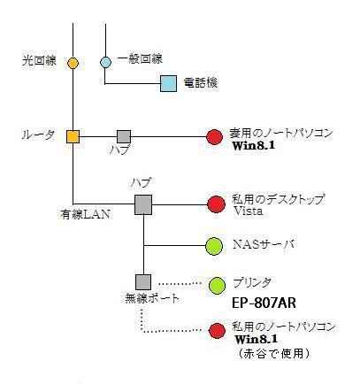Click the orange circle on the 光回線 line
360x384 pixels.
[x=73, y=63]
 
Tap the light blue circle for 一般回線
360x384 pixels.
[x=105, y=62]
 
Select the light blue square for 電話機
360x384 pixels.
[x=168, y=83]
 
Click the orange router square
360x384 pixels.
[x=73, y=137]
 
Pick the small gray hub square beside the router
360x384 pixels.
[x=124, y=137]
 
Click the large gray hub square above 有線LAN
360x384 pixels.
[x=143, y=204]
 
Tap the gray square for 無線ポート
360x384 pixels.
[x=143, y=282]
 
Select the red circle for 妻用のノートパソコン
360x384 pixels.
[x=214, y=137]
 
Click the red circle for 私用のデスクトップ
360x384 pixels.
[x=217, y=204]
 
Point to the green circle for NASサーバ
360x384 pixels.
[x=214, y=246]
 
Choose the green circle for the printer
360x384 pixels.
[x=217, y=286]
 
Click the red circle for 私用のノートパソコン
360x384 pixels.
[x=218, y=331]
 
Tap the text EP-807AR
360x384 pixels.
[x=264, y=303]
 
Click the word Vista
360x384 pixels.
[x=248, y=211]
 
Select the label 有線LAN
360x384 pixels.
[x=85, y=214]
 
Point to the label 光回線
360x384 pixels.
[x=39, y=61]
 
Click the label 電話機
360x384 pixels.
[x=201, y=82]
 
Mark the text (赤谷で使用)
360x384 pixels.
[x=274, y=353]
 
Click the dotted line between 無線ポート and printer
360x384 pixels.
[x=180, y=283]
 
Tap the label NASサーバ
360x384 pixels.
[x=264, y=244]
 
